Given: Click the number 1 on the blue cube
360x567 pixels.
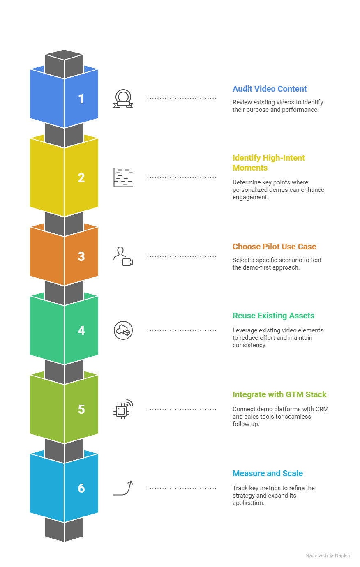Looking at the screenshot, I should point(81,99).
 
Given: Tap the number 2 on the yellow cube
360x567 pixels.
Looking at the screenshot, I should point(81,178).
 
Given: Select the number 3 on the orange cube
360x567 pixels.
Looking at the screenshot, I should point(81,257).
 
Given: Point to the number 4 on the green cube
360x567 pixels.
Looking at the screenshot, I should point(81,331).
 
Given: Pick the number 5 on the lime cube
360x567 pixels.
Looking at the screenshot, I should point(81,410).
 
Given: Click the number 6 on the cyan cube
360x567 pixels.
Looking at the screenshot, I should point(81,489).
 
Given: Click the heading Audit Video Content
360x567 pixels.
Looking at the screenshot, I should point(270,89).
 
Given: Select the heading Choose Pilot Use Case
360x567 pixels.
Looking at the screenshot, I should point(274,247).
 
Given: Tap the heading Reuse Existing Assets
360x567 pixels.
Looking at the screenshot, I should point(273,316).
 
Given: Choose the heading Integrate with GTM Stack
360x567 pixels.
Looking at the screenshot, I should point(279,394).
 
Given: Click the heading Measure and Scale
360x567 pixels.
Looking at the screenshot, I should point(268,473).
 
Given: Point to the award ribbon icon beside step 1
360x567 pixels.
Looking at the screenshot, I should point(123,99).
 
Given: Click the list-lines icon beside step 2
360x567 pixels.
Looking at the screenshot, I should point(123,178).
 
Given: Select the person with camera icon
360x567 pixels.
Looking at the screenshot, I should point(123,256).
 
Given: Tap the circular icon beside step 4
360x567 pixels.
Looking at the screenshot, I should point(123,330).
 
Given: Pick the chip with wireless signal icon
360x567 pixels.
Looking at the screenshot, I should point(123,409).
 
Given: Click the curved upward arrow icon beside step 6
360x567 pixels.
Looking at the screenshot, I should point(123,488).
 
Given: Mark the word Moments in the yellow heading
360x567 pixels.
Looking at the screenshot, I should point(250,168).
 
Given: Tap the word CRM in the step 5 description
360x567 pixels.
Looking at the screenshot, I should point(322,409).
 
